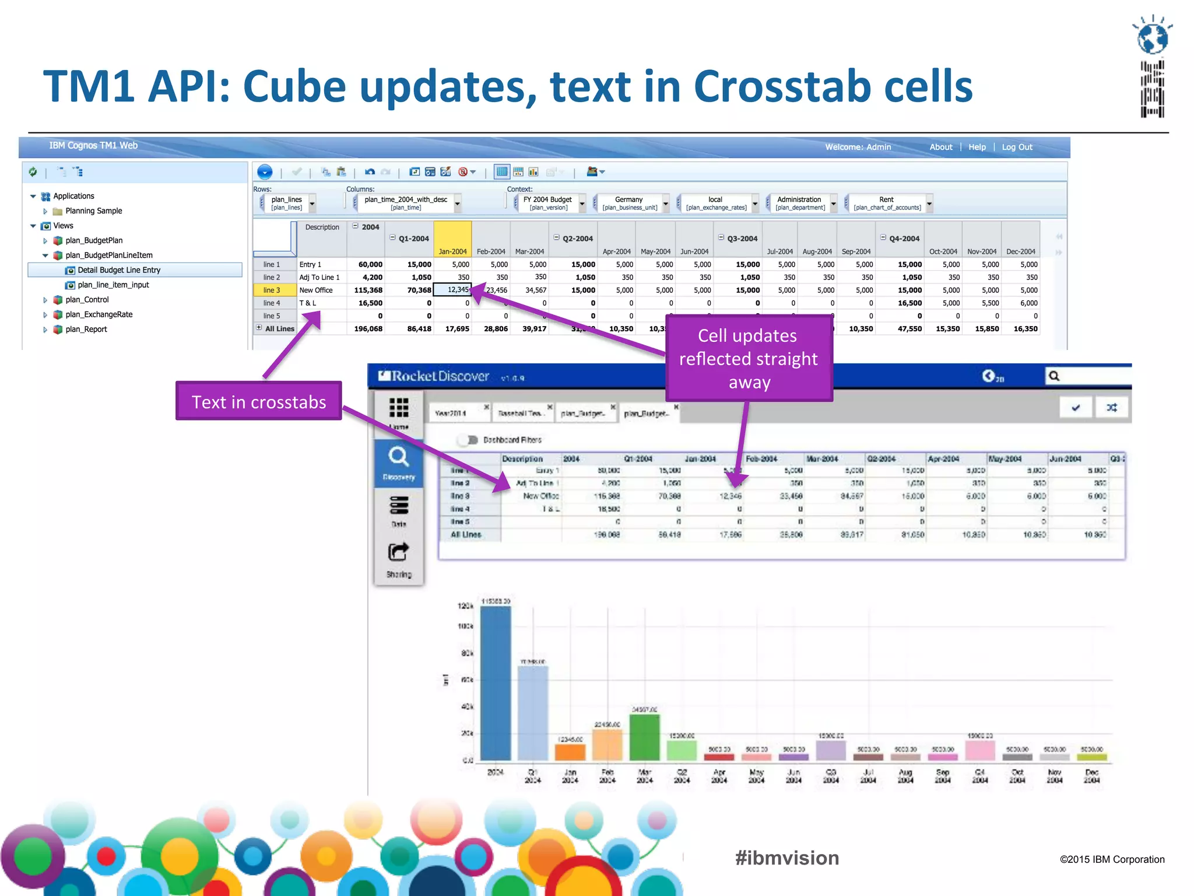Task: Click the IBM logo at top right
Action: [1152, 67]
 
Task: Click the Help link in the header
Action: [977, 147]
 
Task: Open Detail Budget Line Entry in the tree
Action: [119, 270]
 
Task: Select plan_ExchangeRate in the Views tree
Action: [99, 314]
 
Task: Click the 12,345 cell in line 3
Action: [457, 290]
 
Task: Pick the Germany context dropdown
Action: [630, 203]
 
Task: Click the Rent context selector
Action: [887, 203]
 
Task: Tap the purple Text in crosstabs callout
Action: [259, 401]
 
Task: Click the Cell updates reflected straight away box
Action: [749, 358]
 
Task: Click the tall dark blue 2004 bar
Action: [495, 682]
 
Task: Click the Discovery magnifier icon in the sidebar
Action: [399, 458]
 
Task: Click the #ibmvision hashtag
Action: [786, 857]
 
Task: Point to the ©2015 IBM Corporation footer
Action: [1111, 859]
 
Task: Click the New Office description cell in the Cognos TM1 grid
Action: [316, 290]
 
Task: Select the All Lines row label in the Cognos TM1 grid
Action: [279, 328]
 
